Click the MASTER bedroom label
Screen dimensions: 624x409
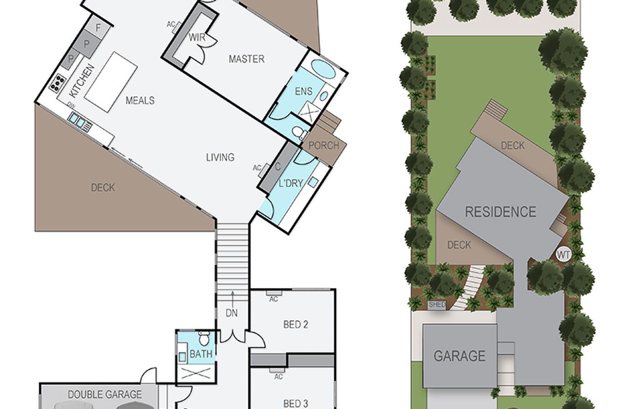[x=247, y=59]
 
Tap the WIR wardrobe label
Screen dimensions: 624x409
[x=197, y=37]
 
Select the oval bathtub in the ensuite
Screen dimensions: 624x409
[x=323, y=69]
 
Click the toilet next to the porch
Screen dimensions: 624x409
[x=298, y=133]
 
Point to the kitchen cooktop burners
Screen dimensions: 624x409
[x=58, y=83]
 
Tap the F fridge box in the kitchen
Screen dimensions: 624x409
[x=98, y=28]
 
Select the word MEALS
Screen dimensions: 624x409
[x=140, y=100]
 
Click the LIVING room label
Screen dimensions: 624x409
[x=220, y=157]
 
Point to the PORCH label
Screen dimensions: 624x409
[x=324, y=146]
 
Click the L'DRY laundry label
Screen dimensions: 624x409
[x=291, y=184]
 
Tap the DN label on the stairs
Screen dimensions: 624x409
[x=231, y=313]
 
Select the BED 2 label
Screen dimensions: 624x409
[x=295, y=325]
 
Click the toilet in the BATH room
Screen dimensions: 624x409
[x=204, y=338]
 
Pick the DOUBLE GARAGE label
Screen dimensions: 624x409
[x=105, y=394]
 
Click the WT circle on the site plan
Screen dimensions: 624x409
[x=563, y=254]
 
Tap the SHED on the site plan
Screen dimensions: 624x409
[x=437, y=305]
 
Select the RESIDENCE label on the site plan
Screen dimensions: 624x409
[x=501, y=212]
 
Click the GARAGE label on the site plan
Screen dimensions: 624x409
[x=460, y=356]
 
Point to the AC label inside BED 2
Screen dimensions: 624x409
[x=273, y=300]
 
